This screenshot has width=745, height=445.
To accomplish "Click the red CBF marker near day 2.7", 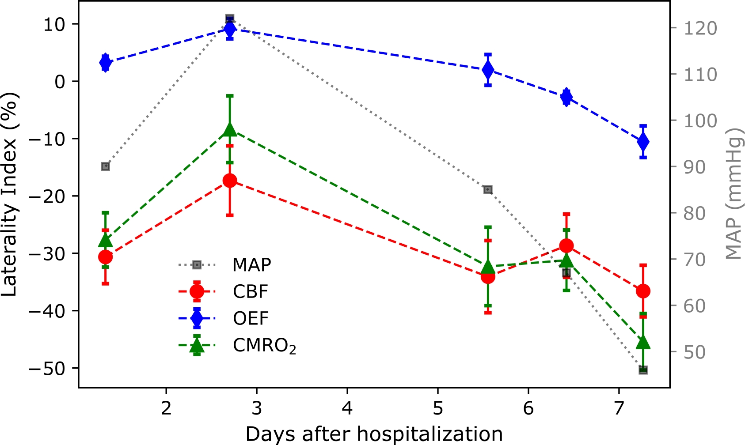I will coord(230,181).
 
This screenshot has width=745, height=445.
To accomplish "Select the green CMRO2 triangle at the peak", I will coord(230,129).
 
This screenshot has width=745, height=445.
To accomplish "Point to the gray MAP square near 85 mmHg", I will coord(488,190).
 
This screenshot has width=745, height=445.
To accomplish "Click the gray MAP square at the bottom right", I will coord(643,370).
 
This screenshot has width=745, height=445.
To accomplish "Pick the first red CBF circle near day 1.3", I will coord(105,256).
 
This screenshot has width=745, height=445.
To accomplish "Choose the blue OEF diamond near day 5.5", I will coord(488,70).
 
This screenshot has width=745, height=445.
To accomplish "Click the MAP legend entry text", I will coord(251,265).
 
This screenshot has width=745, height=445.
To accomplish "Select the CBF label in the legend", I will coord(251,292).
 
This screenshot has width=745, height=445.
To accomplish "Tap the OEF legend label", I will coord(251,318).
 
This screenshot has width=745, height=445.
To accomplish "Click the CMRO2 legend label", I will coord(264,346).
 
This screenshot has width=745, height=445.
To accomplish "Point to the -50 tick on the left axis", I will coord(47,368).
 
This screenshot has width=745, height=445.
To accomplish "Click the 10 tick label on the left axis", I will coord(54,24).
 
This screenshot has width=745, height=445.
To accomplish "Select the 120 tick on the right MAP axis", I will coord(701,28).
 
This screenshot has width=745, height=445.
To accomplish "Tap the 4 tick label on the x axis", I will coord(347,408).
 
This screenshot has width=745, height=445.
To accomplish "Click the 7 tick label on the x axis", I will coord(619,408).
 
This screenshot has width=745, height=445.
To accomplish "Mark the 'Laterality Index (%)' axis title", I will coord(10,194).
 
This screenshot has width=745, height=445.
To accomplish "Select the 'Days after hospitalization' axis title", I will coord(374,434).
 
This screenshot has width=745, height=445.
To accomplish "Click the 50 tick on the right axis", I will coord(695,352).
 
